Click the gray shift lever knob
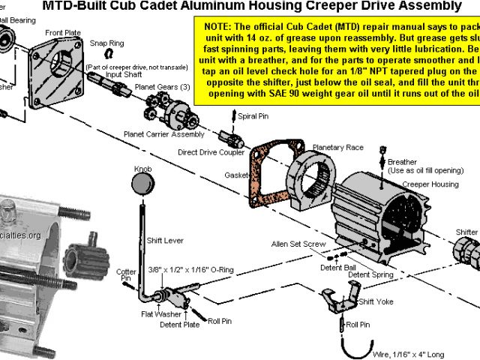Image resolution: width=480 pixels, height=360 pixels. point(142,184)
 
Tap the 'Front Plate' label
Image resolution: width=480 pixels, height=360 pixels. point(64,33)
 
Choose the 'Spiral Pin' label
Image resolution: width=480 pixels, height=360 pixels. point(253,117)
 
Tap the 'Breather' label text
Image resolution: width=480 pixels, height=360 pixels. point(403,162)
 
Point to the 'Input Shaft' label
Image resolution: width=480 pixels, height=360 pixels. point(124,75)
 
